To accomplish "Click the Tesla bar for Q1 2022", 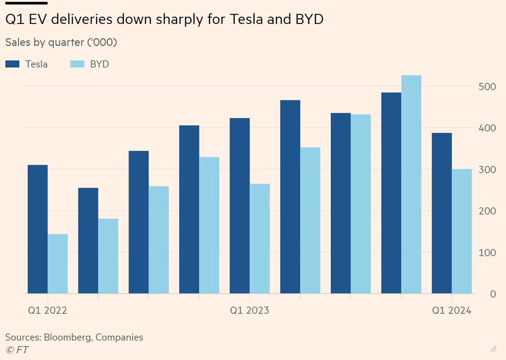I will click(x=38, y=229).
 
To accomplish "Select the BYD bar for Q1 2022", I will click(x=58, y=264).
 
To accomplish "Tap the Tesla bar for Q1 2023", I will click(x=240, y=206).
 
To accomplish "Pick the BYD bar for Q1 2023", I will click(x=260, y=239).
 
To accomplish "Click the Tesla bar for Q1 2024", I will click(x=442, y=213).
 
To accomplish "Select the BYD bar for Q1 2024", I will click(x=462, y=231).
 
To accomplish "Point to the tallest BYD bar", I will click(x=411, y=184).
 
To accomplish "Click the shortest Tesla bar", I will click(x=88, y=241).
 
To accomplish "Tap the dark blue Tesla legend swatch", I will click(x=12, y=64).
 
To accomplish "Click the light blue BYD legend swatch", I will click(x=77, y=64).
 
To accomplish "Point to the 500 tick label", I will click(x=488, y=87).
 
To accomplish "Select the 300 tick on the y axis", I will click(x=488, y=170).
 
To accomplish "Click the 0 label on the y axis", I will click(x=493, y=294).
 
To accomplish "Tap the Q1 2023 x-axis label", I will click(x=249, y=311).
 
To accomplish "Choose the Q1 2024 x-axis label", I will click(x=452, y=311).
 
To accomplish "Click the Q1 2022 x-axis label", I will click(x=47, y=311).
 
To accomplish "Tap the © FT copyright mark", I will click(x=17, y=349).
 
